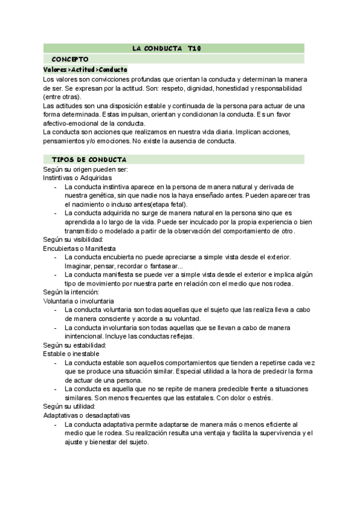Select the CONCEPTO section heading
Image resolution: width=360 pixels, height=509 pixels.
coord(70,59)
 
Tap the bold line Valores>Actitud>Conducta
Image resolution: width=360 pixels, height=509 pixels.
coord(85,70)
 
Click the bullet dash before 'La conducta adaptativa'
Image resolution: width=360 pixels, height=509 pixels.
coord(56,424)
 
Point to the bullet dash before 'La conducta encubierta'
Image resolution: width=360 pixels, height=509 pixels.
coord(56,257)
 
